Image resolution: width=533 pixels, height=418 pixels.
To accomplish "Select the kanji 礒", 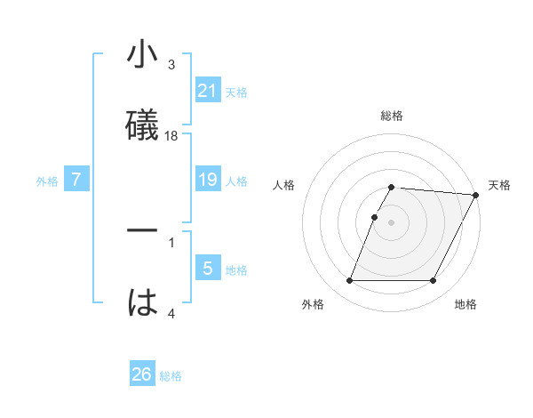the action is click(143, 125).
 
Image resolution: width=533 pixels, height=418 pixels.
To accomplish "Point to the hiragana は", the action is click(143, 303).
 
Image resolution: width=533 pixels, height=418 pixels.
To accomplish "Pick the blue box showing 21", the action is click(207, 91).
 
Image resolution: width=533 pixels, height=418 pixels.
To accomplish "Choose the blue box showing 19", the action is click(207, 181).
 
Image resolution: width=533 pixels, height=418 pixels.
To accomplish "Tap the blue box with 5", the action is click(207, 269).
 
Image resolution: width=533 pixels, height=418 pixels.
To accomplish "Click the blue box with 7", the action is click(76, 181).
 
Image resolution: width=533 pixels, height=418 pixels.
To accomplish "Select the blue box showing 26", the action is click(142, 375).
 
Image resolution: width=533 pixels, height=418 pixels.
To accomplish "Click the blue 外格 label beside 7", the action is click(47, 181).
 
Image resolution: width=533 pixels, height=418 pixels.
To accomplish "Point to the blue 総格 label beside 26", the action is click(171, 376).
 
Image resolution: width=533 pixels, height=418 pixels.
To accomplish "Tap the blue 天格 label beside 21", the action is click(236, 92).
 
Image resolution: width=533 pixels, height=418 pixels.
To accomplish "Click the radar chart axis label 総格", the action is click(392, 116).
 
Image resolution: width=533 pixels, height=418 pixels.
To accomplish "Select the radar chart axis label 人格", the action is click(284, 185).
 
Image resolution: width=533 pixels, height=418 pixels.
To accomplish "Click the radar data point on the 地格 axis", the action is click(434, 281).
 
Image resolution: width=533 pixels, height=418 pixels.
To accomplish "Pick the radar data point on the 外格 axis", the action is click(349, 281).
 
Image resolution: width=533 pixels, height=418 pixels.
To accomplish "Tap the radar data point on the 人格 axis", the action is click(374, 216).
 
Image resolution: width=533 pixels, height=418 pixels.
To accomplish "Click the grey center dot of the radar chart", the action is click(392, 221).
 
